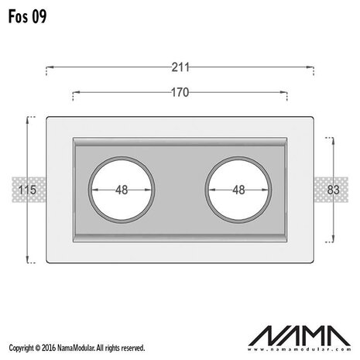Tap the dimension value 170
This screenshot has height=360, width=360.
click(x=180, y=92)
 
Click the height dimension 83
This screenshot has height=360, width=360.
click(x=333, y=190)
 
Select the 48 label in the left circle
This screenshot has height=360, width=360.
click(x=121, y=190)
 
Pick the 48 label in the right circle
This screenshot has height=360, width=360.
click(x=238, y=190)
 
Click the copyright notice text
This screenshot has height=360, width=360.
click(x=74, y=349)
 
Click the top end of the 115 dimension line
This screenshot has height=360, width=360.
click(x=29, y=118)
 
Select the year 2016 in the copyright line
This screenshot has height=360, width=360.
click(x=47, y=349)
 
